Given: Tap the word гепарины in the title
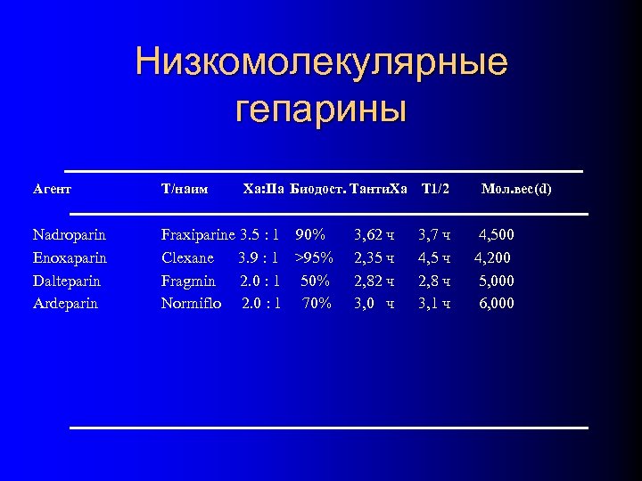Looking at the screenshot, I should click(x=321, y=110).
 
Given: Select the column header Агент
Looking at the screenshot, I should click(x=52, y=189).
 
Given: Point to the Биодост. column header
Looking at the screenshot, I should click(x=317, y=189).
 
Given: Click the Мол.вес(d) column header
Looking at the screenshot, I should click(x=516, y=189).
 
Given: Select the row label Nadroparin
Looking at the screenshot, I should click(x=69, y=235).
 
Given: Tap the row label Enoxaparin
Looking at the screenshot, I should click(x=70, y=258).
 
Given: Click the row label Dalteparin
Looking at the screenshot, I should click(x=66, y=281).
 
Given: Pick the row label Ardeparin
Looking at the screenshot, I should click(x=65, y=304).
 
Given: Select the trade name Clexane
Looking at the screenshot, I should click(x=187, y=258).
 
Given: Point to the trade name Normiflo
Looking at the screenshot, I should click(x=191, y=304).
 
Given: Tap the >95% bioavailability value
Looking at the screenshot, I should click(x=314, y=258).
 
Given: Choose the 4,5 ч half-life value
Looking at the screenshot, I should click(x=434, y=258).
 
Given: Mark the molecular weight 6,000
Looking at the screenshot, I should click(x=497, y=304).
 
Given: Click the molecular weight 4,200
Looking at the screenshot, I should click(x=492, y=258).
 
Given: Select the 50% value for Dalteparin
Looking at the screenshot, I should click(x=316, y=281).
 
